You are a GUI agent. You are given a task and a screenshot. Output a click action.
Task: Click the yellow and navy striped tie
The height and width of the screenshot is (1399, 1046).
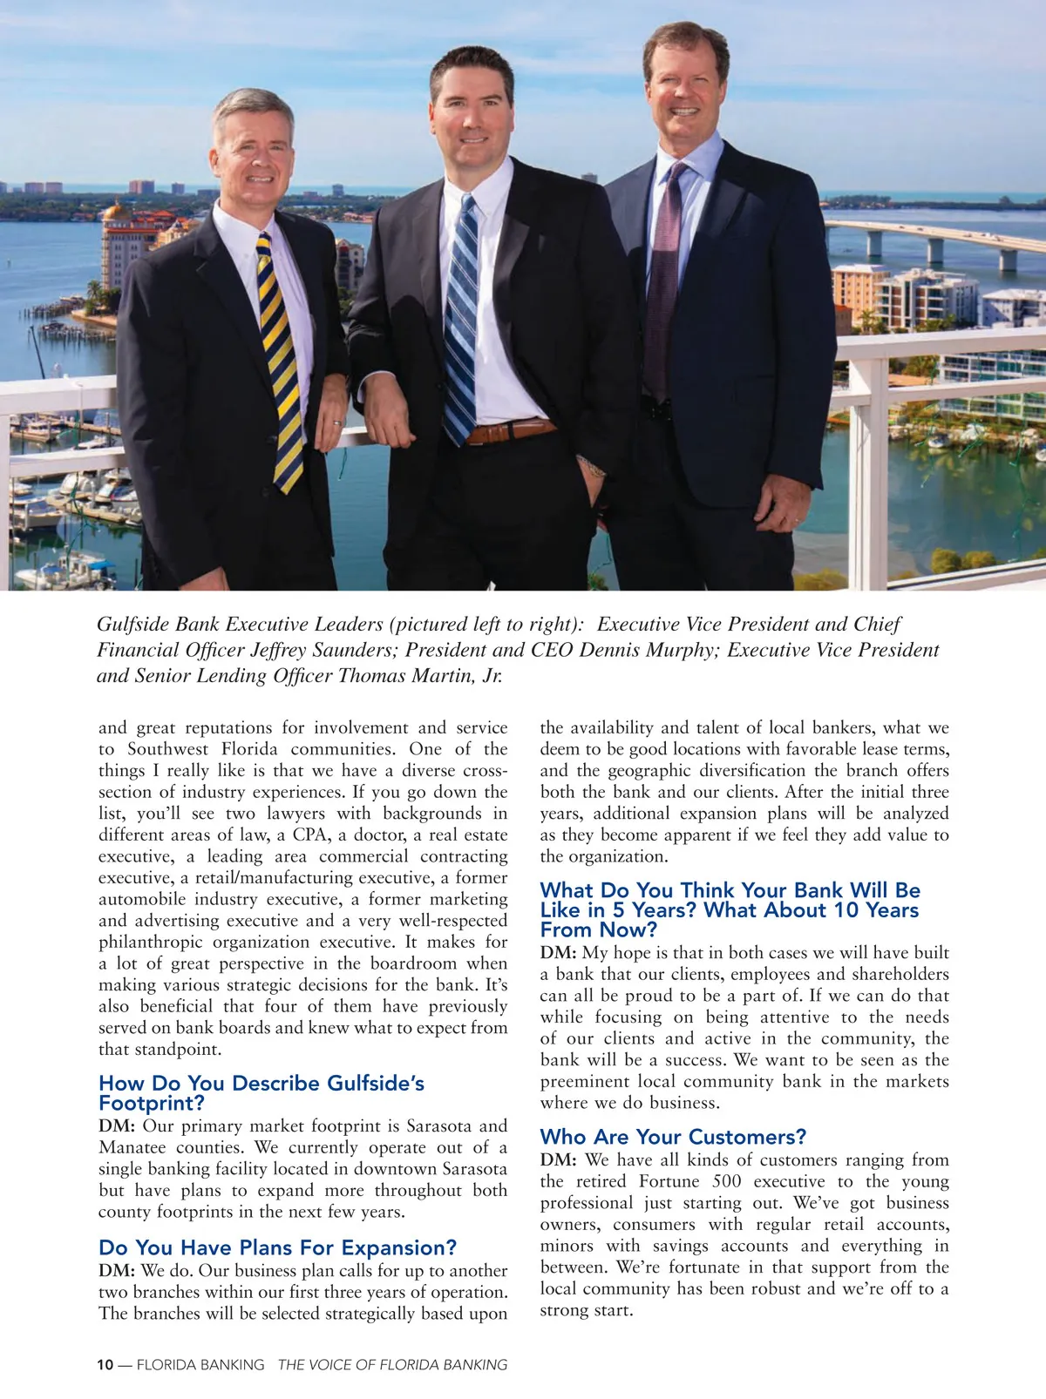tap(280, 357)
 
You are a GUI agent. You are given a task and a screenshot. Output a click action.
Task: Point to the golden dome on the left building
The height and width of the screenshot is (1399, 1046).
tap(116, 212)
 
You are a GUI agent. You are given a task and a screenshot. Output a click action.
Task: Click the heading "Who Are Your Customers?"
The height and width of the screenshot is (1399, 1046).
tap(673, 1137)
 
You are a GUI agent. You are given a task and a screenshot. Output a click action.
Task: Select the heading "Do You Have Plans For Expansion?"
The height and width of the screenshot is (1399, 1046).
tap(277, 1247)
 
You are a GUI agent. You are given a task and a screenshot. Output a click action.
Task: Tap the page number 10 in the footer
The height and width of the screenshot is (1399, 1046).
tap(105, 1365)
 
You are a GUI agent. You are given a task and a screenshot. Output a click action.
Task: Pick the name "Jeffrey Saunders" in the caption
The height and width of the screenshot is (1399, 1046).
tap(324, 650)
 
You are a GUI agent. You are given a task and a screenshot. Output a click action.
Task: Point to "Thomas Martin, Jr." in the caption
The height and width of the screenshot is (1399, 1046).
tap(419, 676)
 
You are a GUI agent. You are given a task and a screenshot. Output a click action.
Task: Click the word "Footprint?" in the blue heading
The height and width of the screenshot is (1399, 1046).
tap(151, 1104)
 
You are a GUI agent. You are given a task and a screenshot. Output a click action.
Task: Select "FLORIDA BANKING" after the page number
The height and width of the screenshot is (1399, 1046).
tap(200, 1365)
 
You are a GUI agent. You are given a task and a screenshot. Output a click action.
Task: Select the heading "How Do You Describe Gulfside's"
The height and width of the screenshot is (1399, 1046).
tap(261, 1083)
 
